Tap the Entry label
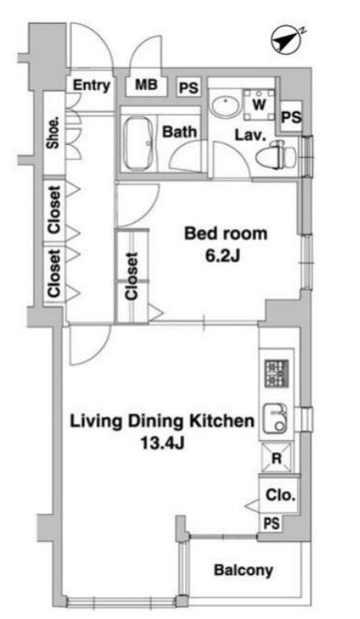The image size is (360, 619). (92, 85)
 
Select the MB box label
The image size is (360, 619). (146, 84)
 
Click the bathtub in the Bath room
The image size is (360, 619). (138, 144)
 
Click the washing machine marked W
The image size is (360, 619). (259, 105)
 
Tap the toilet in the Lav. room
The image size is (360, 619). (276, 156)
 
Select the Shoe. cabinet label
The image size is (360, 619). (54, 134)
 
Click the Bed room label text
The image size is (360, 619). (225, 233)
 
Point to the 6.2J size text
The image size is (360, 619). (222, 257)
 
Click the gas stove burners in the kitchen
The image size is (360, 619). (276, 374)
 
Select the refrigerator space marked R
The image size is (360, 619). (277, 458)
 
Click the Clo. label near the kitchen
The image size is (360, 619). (281, 495)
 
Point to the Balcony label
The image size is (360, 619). (243, 570)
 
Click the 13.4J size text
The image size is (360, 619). (163, 444)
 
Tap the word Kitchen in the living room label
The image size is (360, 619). (221, 420)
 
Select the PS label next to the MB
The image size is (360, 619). (188, 88)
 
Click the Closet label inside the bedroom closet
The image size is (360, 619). (131, 276)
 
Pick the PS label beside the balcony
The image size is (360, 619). (272, 523)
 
